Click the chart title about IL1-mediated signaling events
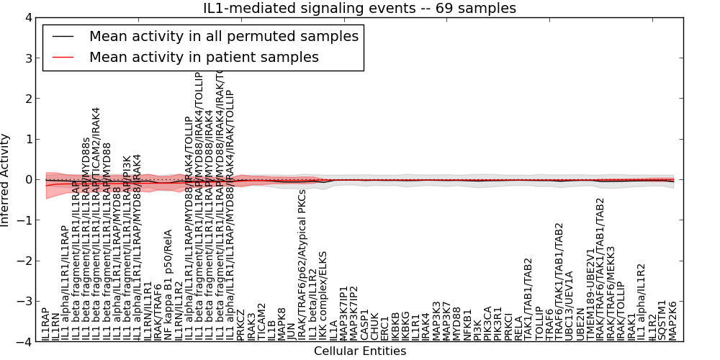tap(359, 9)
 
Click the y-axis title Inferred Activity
tap(6, 179)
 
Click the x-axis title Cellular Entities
tap(359, 351)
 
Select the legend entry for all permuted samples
tap(223, 36)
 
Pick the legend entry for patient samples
tap(204, 57)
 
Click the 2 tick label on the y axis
tap(27, 99)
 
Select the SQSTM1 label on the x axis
tap(662, 320)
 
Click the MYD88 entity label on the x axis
tap(457, 324)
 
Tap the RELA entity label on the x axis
tap(518, 328)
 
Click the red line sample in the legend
tap(63, 57)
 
